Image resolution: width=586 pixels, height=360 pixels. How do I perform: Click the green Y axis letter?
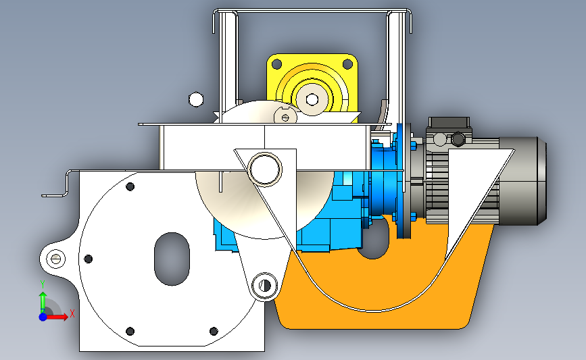point(42,284)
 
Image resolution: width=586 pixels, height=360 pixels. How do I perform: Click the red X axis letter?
point(72,313)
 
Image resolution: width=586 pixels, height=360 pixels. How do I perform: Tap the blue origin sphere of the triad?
point(43,317)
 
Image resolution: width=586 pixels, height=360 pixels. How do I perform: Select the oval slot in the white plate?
point(172,259)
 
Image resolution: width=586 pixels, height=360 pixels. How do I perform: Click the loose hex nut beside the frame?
point(196,100)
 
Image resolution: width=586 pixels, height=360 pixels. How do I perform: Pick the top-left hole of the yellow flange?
point(276,64)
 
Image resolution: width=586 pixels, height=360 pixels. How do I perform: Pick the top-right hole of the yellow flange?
point(347,64)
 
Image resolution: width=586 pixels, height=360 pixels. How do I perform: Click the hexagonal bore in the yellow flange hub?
point(312,99)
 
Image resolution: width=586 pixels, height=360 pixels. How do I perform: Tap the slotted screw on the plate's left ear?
point(55,259)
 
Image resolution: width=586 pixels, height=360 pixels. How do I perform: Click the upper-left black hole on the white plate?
point(130,186)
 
